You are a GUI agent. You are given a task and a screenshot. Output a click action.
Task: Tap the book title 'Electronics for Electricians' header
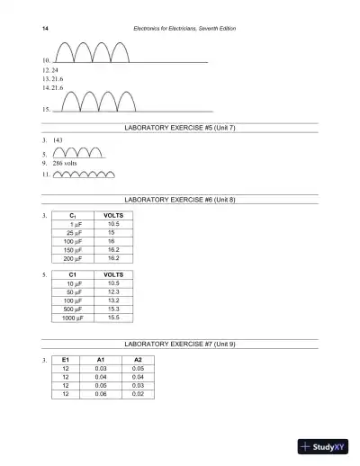click(190, 29)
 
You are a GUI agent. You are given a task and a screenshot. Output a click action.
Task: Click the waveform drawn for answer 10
click(91, 52)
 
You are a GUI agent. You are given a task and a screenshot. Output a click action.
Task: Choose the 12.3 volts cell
click(113, 291)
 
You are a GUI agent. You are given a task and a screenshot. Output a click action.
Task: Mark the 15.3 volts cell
click(113, 309)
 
